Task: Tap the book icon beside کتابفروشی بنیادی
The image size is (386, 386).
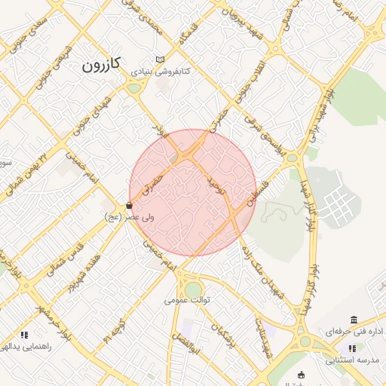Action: tap(159, 60)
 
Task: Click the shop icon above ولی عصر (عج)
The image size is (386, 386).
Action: tap(130, 204)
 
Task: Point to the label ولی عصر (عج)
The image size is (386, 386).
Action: tap(130, 216)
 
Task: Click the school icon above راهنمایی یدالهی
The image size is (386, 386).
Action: tap(24, 334)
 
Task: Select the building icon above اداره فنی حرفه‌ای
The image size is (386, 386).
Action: tap(354, 320)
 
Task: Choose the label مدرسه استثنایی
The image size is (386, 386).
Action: tap(352, 360)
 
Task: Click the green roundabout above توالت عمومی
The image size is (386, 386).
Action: tap(194, 289)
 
